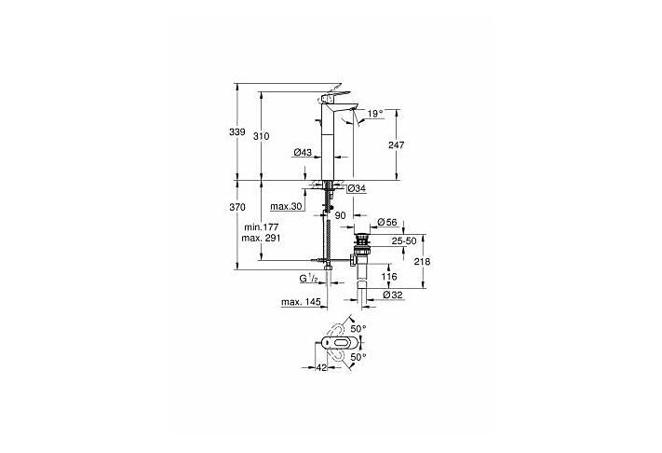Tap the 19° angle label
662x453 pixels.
[374, 114]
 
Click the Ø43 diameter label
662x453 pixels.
[302, 152]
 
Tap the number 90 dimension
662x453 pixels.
[341, 216]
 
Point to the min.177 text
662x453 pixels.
[262, 227]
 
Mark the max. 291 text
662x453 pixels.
[262, 239]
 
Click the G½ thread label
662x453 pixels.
[308, 278]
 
